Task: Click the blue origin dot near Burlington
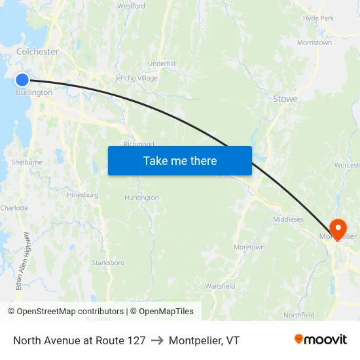point(22,80)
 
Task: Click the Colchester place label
point(37,52)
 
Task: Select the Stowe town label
point(285,99)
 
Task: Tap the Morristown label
point(314,43)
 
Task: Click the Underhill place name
point(162,63)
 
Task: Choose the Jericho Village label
point(136,79)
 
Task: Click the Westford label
point(131,6)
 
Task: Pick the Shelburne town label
point(27,162)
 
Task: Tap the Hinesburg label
point(82,195)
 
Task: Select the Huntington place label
point(141,198)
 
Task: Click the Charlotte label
point(14,208)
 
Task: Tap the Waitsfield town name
point(220,287)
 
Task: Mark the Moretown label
point(249,247)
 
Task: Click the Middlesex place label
point(288,219)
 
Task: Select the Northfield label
point(298,315)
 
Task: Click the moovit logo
point(321,340)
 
